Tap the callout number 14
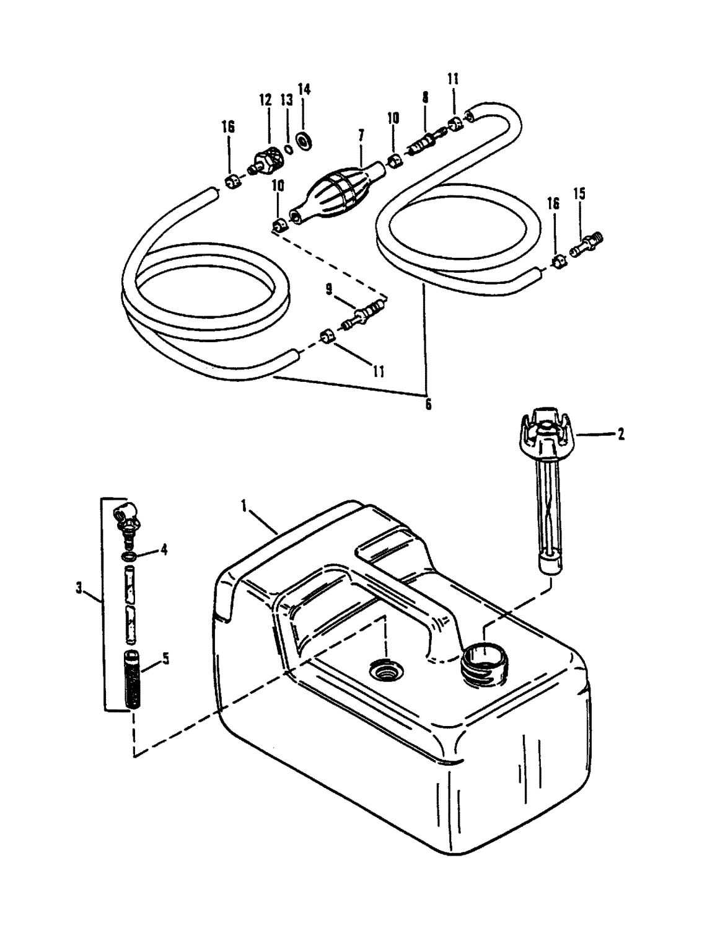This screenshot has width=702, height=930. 304,90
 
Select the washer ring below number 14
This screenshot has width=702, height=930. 304,141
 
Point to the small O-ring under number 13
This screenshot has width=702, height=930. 288,149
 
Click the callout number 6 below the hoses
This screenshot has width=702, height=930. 428,404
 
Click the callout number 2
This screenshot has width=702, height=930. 620,435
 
